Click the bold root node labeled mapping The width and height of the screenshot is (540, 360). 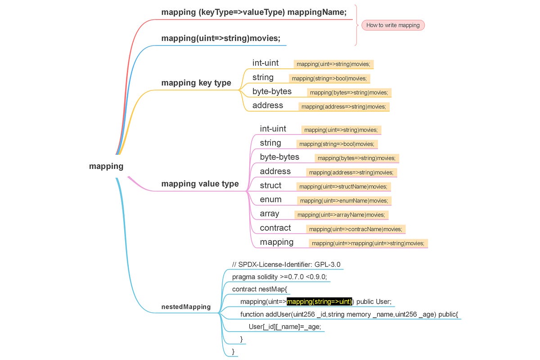click(106, 166)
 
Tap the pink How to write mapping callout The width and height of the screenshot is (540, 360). click(393, 25)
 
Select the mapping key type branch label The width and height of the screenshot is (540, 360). click(196, 83)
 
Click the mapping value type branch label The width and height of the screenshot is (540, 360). click(200, 184)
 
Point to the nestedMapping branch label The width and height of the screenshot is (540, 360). click(186, 307)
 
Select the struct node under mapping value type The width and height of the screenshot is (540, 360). click(270, 185)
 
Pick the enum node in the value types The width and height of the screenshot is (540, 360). click(270, 199)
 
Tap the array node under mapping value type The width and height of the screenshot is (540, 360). click(269, 214)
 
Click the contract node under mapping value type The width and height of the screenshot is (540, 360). click(275, 228)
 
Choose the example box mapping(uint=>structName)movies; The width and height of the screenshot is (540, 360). click(343, 186)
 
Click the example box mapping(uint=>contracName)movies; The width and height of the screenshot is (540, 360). click(355, 229)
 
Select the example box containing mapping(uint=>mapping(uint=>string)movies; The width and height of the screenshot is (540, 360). click(368, 243)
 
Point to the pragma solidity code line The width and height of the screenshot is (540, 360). click(279, 277)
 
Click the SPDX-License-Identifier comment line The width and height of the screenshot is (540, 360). click(286, 265)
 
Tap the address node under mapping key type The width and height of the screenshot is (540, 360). click(268, 105)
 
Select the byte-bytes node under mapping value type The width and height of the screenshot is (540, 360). click(279, 157)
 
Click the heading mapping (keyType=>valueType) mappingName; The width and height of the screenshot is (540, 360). click(254, 13)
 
